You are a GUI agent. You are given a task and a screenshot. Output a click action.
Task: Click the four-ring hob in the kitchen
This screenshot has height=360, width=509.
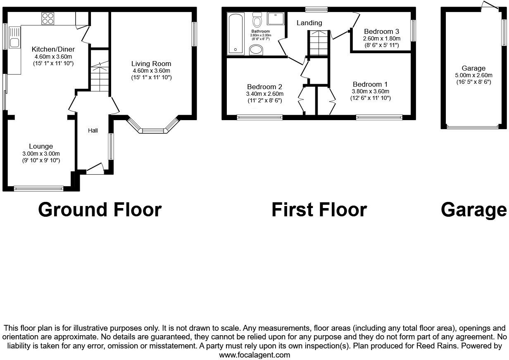pos(48,19)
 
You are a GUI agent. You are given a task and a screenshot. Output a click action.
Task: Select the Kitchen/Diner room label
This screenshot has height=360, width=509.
pos(53,50)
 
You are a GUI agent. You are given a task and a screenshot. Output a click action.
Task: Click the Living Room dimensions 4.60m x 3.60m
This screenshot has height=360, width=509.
pos(151,71)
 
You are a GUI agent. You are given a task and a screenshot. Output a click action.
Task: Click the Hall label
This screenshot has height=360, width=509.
pos(93,130)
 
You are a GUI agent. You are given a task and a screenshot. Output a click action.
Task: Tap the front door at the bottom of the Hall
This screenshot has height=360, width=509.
pos(95,169)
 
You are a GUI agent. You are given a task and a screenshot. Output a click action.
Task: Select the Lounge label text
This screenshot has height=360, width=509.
pos(41,146)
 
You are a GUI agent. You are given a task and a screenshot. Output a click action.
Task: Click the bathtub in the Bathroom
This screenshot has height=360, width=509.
pos(236,34)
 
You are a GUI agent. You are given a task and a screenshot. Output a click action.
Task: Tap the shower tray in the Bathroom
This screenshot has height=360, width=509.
pos(274,19)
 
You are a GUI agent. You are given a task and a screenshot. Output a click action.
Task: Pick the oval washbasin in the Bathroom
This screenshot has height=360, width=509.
pos(257,50)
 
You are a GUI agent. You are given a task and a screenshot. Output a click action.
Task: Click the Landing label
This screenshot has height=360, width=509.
pos(309,23)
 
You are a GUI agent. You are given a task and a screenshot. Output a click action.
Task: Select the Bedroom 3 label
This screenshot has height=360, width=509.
pos(381,31)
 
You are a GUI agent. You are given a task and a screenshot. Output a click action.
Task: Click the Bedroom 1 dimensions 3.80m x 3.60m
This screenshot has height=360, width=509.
pos(370,91)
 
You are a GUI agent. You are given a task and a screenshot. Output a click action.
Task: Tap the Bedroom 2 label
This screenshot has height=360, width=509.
pos(264,87)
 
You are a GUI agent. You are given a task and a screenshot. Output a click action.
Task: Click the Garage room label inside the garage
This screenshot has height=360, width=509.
pos(473,69)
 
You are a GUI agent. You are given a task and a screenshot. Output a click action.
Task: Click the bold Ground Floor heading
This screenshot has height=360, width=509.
pos(100,210)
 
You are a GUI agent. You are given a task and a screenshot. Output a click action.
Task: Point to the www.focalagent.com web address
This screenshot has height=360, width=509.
pos(254,355)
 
